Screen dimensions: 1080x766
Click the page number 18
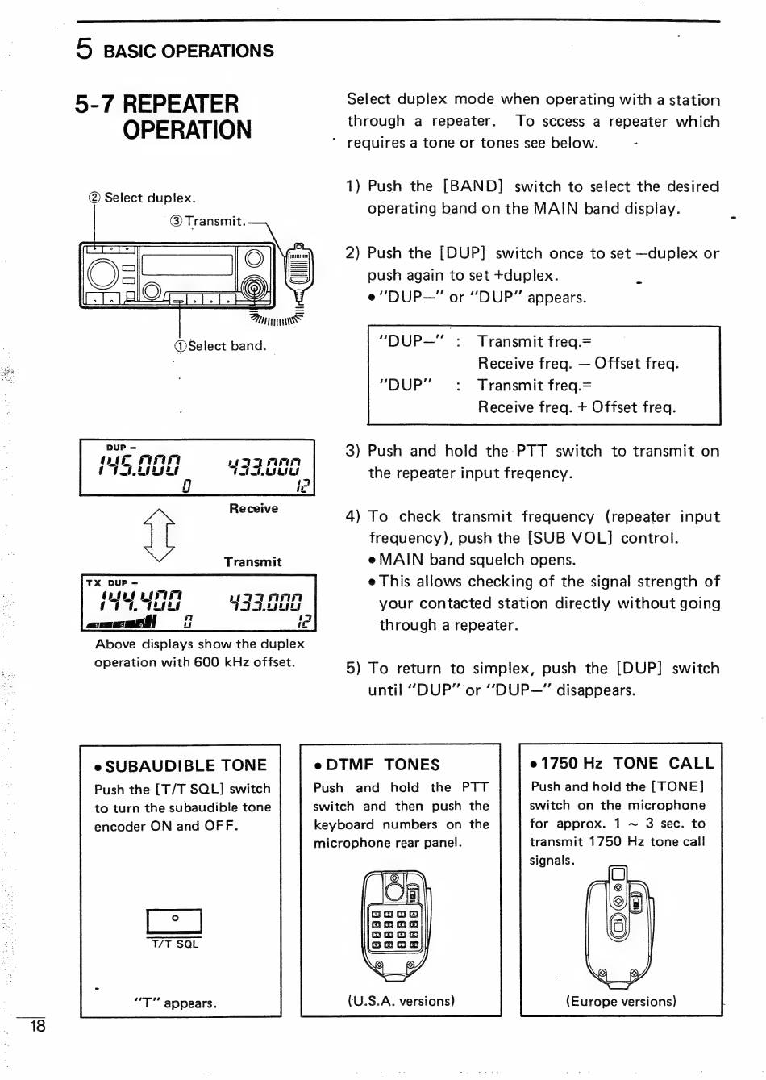37,1026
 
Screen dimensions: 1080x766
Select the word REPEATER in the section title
181,105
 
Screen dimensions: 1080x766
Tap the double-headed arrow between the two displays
158,535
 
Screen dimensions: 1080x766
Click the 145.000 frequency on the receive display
139,465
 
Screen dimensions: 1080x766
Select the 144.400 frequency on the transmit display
140,601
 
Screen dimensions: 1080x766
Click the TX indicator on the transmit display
94,582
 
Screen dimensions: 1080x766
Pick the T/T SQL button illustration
174,921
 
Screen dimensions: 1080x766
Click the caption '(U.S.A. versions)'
402,1001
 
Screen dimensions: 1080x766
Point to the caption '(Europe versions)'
621,1002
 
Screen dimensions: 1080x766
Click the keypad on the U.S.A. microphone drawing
394,928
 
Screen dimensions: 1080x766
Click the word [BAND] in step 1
473,186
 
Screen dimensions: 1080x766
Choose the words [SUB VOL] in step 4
568,538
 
